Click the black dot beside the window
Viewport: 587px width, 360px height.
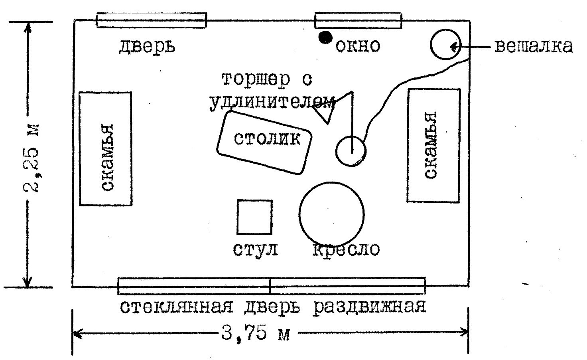325,37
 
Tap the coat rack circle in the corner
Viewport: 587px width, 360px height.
445,45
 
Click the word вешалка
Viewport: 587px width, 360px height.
534,46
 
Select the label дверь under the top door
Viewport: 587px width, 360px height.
147,46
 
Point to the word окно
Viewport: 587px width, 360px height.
358,46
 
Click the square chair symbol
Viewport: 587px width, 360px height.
254,217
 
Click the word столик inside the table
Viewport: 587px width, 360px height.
267,139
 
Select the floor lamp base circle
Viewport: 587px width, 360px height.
351,150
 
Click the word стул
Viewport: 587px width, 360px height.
255,249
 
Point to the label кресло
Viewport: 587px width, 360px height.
346,249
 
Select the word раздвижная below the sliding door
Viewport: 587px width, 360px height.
369,307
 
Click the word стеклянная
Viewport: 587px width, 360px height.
176,307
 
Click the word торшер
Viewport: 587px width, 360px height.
256,79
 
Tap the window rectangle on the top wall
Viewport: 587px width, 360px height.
358,21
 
